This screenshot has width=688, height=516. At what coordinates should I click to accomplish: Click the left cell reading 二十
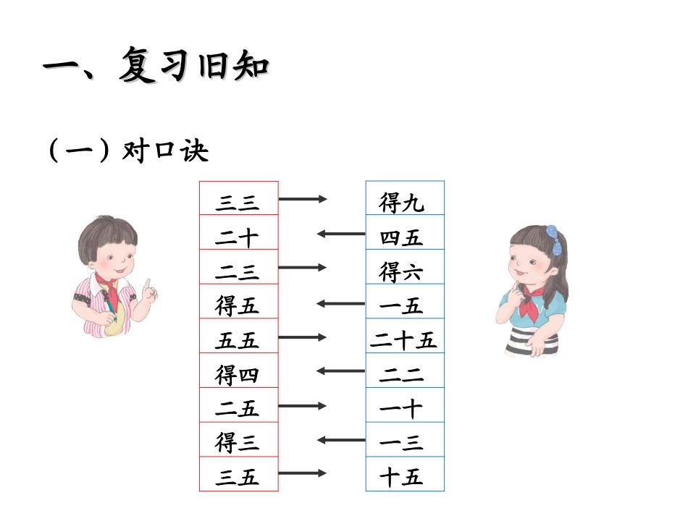click(238, 236)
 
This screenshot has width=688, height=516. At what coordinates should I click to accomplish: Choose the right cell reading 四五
click(403, 236)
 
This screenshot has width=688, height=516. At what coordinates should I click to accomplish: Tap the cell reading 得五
click(238, 305)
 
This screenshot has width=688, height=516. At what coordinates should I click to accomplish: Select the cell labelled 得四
click(238, 373)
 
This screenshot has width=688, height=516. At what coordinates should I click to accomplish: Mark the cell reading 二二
click(403, 373)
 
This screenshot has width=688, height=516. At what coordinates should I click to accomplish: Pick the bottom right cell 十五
click(403, 476)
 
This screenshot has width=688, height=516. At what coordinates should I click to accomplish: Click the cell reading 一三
click(403, 441)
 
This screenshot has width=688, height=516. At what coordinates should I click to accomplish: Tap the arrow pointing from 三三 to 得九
click(303, 198)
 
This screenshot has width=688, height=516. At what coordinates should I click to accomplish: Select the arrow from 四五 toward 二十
click(341, 233)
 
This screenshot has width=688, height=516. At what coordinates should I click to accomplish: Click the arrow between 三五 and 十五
click(303, 473)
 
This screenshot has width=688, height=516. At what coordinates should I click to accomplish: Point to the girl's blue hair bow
click(554, 239)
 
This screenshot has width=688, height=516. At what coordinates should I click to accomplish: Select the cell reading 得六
click(403, 271)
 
